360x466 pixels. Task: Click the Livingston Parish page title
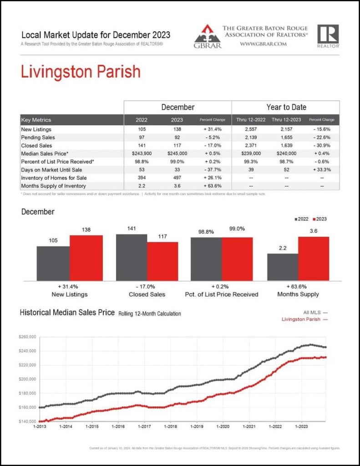[x=81, y=72]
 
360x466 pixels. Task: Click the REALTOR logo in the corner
[x=328, y=36]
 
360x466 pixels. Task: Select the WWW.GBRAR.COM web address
[x=263, y=44]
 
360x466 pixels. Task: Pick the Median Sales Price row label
[x=45, y=154]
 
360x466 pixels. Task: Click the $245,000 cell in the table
[x=177, y=154]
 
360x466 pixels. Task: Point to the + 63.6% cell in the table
[x=213, y=186]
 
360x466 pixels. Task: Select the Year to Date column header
[x=286, y=107]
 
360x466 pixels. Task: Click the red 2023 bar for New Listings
[x=86, y=258]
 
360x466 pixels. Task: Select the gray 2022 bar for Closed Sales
[x=132, y=257]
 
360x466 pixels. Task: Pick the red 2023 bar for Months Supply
[x=314, y=258]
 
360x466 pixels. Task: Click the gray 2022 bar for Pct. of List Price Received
[x=206, y=259]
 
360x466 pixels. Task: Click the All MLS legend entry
[x=315, y=312]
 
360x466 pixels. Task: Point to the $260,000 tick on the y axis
[x=28, y=337]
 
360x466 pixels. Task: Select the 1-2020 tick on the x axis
[x=223, y=427]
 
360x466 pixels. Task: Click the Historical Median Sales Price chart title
[x=67, y=313]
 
